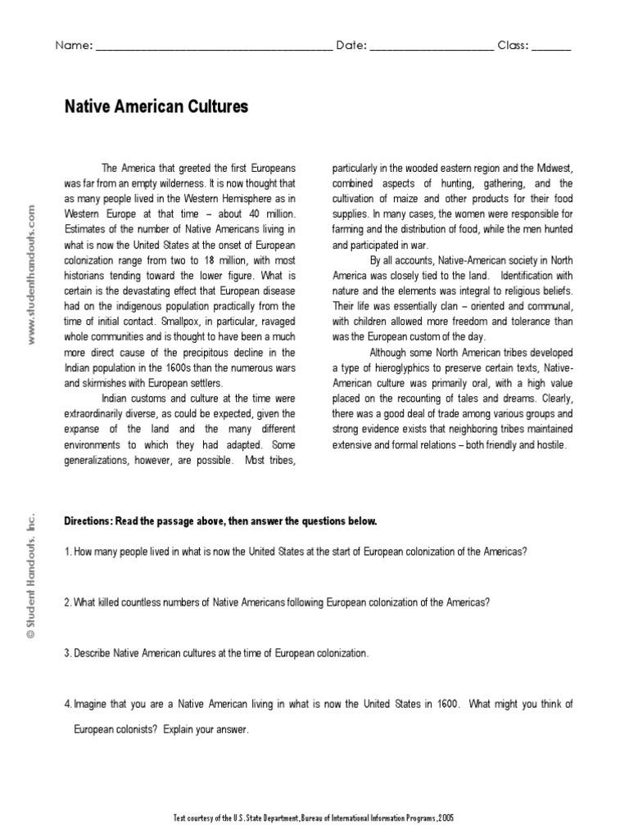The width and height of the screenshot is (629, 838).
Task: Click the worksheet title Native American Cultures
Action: [156, 107]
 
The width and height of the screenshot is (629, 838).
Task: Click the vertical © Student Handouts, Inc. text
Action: [31, 574]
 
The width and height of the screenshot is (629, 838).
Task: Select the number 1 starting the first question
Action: [66, 551]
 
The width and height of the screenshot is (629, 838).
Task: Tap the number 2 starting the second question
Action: [67, 602]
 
